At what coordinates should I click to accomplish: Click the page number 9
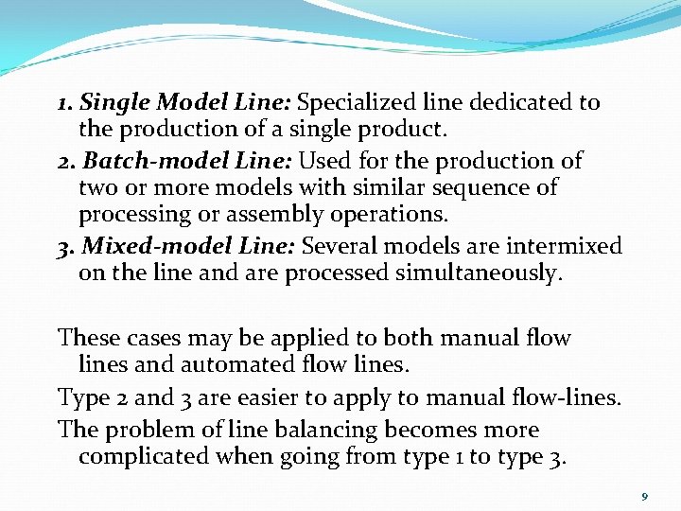tap(644, 496)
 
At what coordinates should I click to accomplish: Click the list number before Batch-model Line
tap(65, 161)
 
